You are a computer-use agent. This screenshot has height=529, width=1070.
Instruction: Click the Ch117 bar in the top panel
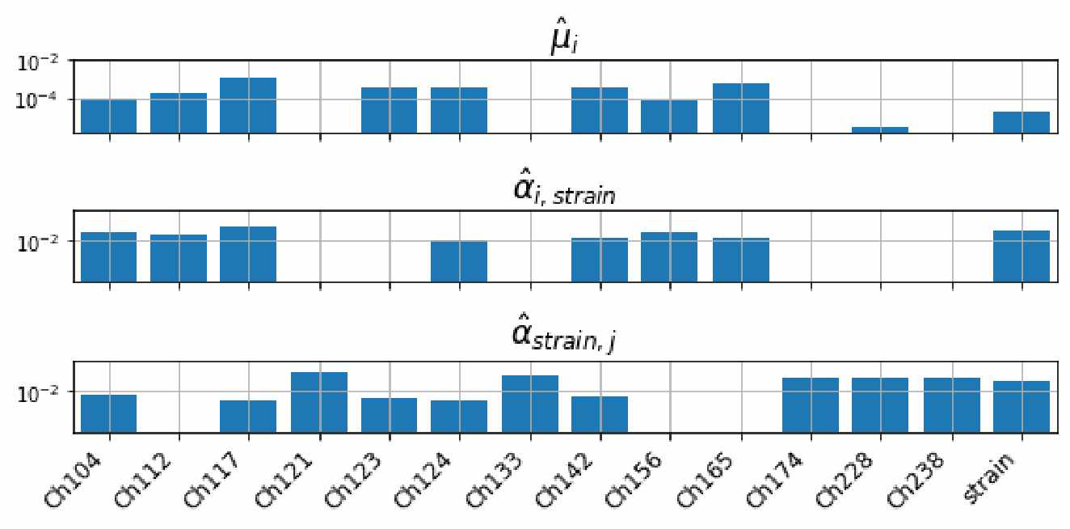[x=248, y=105]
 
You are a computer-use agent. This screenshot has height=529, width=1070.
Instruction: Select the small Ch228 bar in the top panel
[x=880, y=129]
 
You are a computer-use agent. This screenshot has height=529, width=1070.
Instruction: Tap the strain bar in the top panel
[x=1022, y=122]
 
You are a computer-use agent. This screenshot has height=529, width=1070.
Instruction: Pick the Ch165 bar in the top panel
[x=740, y=108]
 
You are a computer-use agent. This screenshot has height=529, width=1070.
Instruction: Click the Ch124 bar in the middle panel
[x=459, y=261]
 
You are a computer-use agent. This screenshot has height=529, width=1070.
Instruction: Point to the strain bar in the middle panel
[x=1022, y=256]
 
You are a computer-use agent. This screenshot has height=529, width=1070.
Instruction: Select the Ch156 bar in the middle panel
[x=669, y=256]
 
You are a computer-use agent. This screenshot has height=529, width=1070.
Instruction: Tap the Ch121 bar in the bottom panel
[x=320, y=402]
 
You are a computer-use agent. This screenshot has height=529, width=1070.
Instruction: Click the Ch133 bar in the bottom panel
[x=530, y=404]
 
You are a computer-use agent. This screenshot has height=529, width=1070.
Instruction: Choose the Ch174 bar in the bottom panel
[x=811, y=404]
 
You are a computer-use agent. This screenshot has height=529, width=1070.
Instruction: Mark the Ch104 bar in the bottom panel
[x=109, y=413]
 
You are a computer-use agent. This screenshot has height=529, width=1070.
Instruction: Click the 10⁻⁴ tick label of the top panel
[x=44, y=99]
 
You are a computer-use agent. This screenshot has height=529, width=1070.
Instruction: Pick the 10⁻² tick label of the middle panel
[x=44, y=241]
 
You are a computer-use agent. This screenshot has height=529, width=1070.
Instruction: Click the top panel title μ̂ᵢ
[x=562, y=40]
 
